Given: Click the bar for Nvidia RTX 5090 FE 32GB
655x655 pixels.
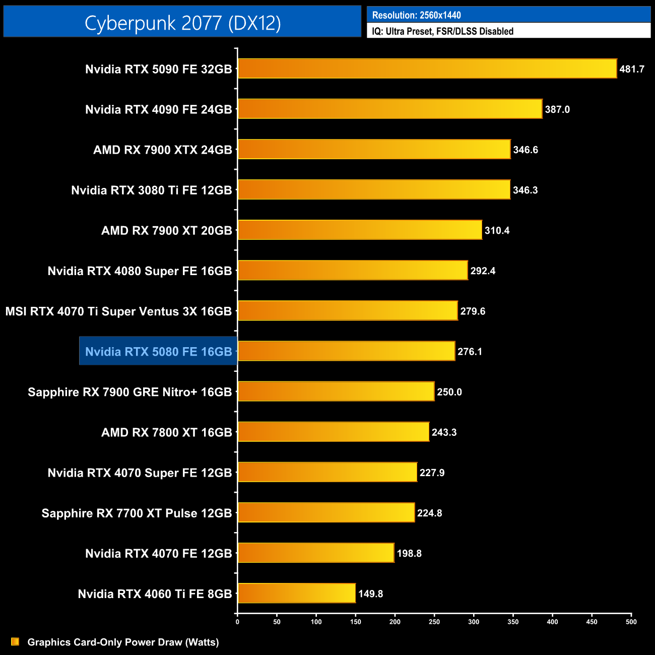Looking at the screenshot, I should (x=427, y=69).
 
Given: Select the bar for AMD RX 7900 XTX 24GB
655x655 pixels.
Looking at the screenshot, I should (x=374, y=149).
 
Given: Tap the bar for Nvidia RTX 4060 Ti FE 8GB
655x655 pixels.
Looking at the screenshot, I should (x=297, y=593).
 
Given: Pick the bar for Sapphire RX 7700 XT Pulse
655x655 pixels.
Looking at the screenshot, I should (x=326, y=512).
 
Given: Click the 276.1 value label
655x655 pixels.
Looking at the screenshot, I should (x=470, y=352).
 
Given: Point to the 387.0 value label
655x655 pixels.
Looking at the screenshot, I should (x=557, y=109).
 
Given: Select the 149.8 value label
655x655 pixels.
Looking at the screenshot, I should (x=370, y=594).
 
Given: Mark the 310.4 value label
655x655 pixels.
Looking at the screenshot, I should (x=497, y=230).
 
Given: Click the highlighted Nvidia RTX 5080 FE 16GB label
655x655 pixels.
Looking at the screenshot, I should (x=158, y=351).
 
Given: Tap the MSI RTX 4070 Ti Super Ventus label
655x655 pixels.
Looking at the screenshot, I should (x=118, y=311).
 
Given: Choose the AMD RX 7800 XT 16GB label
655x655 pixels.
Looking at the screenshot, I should (x=166, y=432).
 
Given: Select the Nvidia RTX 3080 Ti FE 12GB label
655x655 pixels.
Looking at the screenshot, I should (x=151, y=190).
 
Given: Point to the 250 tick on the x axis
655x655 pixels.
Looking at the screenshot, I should (x=434, y=622).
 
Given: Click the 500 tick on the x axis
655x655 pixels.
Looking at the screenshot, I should (x=631, y=622).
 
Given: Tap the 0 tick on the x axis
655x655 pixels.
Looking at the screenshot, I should (x=237, y=622).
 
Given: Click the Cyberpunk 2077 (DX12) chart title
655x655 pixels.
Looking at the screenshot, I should (x=182, y=23).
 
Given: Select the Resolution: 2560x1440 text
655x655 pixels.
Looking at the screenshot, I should (x=416, y=15).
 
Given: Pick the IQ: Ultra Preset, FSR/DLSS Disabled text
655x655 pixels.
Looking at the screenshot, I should (x=442, y=31).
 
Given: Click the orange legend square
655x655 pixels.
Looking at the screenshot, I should (x=15, y=641).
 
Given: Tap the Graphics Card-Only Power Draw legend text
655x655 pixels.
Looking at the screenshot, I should (x=123, y=642).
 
